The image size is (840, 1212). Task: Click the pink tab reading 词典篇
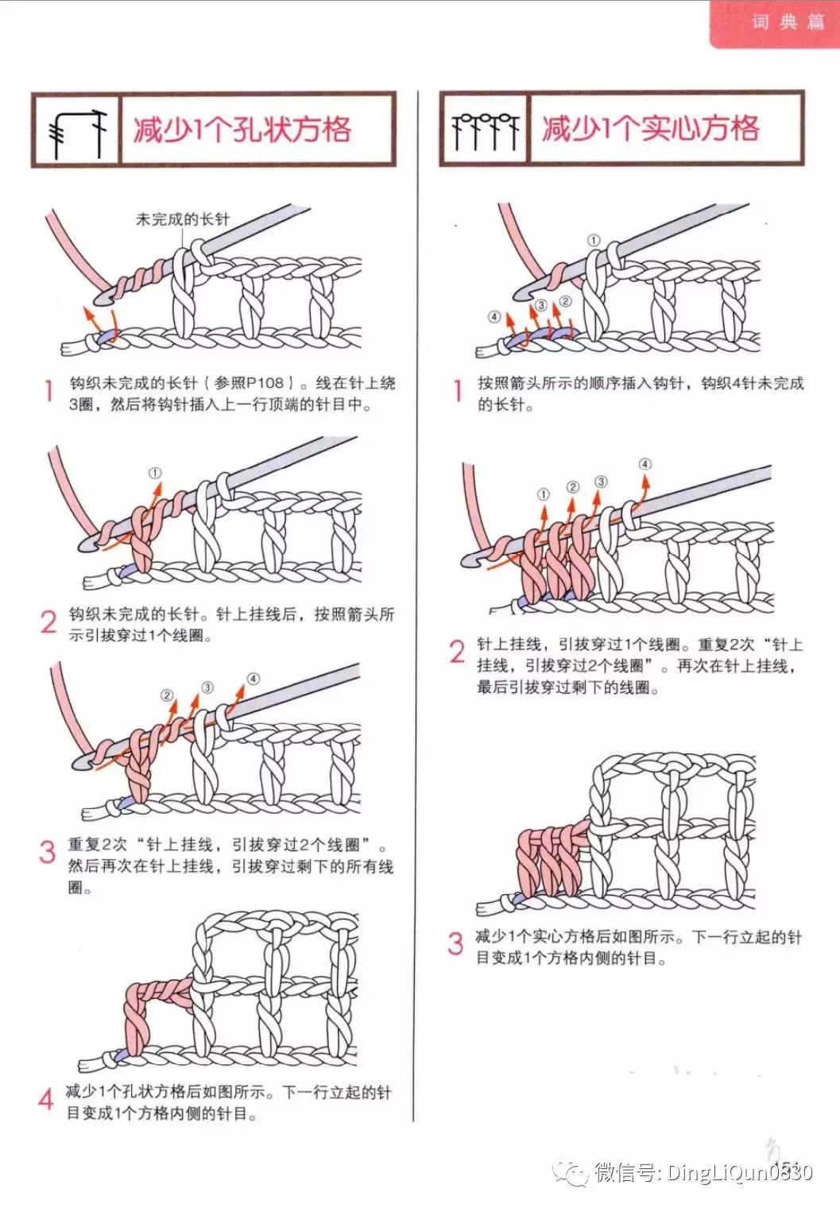coord(787,22)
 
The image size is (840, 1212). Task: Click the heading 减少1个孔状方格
coord(242,130)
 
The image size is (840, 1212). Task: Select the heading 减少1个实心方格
coord(650,128)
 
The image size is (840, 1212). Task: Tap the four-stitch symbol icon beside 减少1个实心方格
coord(484,130)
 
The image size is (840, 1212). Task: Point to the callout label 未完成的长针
coord(182,219)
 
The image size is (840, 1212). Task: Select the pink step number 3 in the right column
coord(455,943)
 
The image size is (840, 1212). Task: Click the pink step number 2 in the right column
coord(456,652)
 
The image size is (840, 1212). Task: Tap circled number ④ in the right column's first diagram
coord(494,317)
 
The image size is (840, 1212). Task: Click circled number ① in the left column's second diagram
coord(155,474)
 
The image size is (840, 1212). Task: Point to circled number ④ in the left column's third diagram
coord(253,679)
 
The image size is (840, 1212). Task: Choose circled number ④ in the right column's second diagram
coord(645,464)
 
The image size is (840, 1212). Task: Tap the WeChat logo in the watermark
coord(571,1171)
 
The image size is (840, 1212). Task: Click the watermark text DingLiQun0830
coord(739,1172)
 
